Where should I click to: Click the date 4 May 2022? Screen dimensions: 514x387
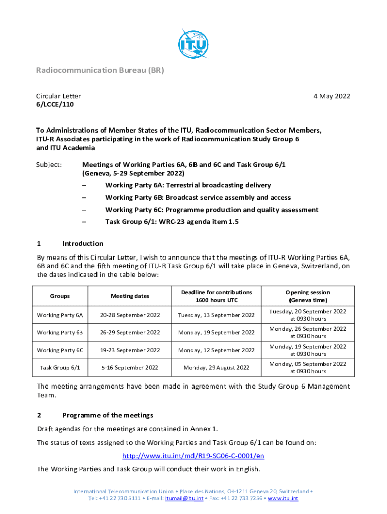click(x=329, y=96)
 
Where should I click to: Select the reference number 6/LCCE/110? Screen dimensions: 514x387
click(x=56, y=105)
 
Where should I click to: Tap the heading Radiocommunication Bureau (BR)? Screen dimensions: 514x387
click(x=100, y=71)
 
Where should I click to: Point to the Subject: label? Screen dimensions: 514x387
click(x=49, y=164)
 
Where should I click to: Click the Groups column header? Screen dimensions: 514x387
click(x=60, y=296)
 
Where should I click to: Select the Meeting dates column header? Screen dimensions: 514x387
click(x=130, y=296)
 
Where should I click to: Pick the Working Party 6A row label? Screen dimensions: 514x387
click(x=60, y=315)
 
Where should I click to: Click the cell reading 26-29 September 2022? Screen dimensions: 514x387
click(x=130, y=333)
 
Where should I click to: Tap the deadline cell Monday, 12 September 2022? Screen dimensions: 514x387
click(x=217, y=350)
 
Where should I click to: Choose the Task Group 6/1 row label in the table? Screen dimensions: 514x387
click(x=60, y=368)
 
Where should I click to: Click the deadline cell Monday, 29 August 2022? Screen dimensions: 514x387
click(x=217, y=368)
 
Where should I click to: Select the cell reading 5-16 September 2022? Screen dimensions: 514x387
click(x=130, y=368)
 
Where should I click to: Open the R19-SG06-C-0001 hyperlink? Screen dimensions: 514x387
click(x=193, y=456)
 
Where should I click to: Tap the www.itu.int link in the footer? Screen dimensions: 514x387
click(x=283, y=499)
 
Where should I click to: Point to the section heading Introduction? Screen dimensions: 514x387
click(x=82, y=244)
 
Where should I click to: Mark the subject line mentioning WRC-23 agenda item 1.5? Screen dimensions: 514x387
click(x=171, y=222)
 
